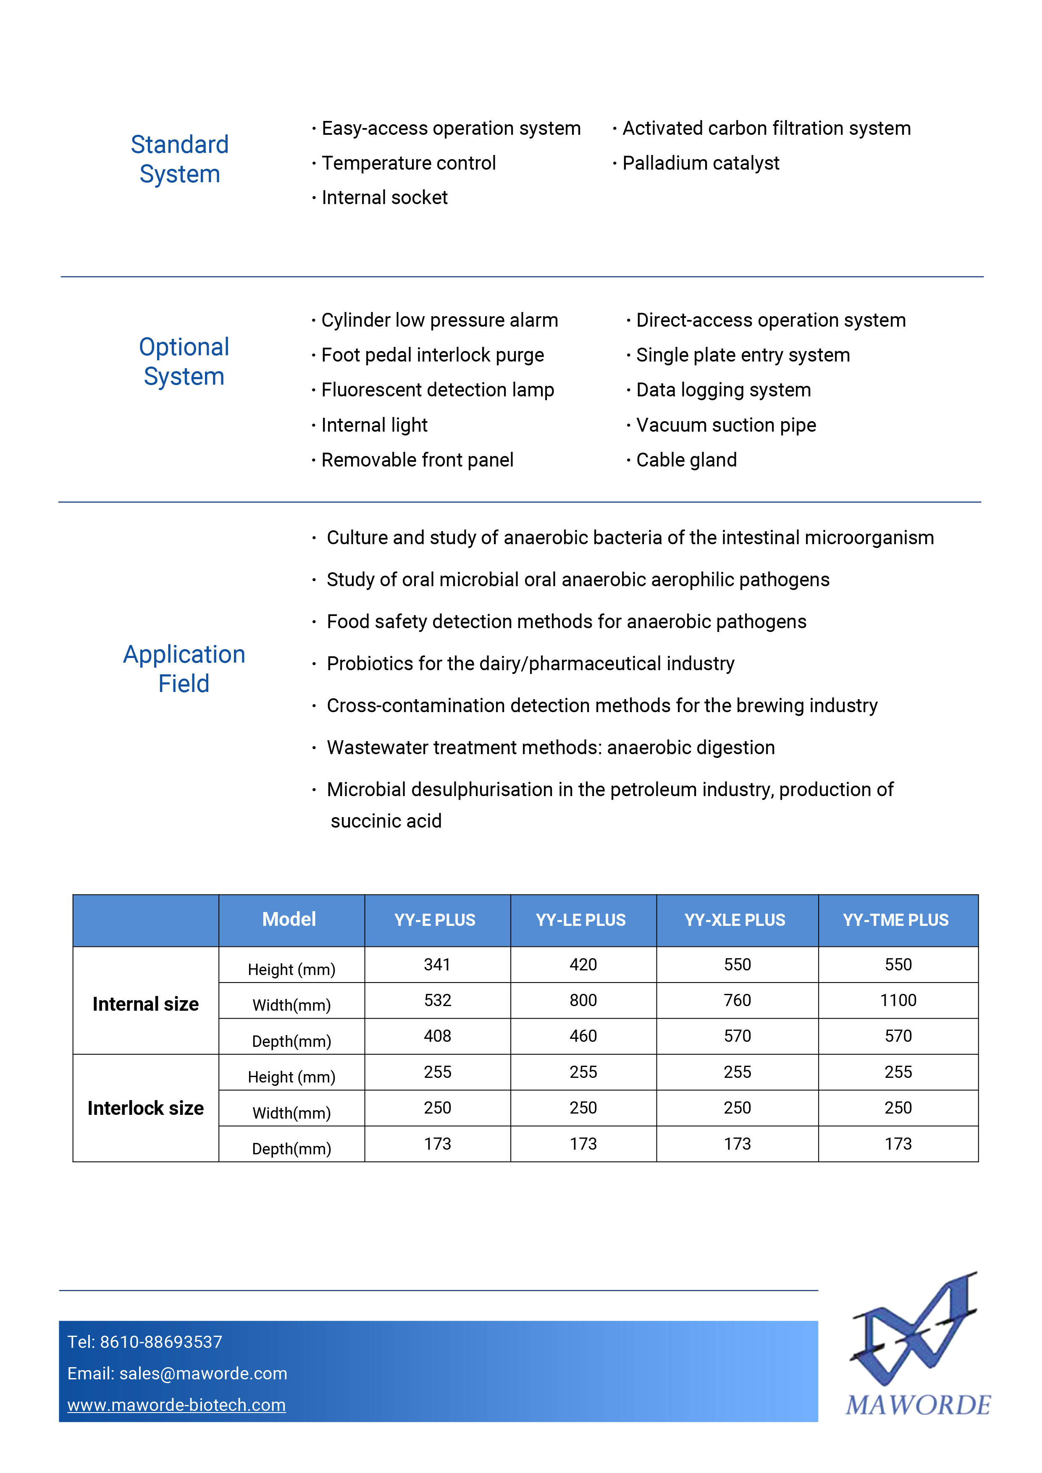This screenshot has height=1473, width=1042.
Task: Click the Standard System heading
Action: (180, 159)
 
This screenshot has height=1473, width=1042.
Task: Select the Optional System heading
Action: (184, 361)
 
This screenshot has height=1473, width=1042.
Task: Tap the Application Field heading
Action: (184, 668)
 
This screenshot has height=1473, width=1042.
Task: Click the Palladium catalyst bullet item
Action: (701, 163)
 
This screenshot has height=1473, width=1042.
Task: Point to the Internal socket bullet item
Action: (384, 198)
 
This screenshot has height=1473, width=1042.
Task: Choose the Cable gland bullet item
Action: (686, 460)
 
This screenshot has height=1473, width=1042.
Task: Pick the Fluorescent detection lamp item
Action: (438, 390)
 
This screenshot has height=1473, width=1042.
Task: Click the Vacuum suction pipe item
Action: (726, 425)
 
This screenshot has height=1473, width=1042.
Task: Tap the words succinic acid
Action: (386, 821)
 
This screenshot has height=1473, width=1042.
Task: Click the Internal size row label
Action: (146, 1004)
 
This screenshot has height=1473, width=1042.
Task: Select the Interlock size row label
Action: (146, 1108)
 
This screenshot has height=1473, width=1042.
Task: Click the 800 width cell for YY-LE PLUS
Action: (583, 1000)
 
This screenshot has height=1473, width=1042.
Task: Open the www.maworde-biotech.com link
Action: (176, 1405)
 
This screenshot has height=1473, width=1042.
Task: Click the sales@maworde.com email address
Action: (203, 1373)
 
